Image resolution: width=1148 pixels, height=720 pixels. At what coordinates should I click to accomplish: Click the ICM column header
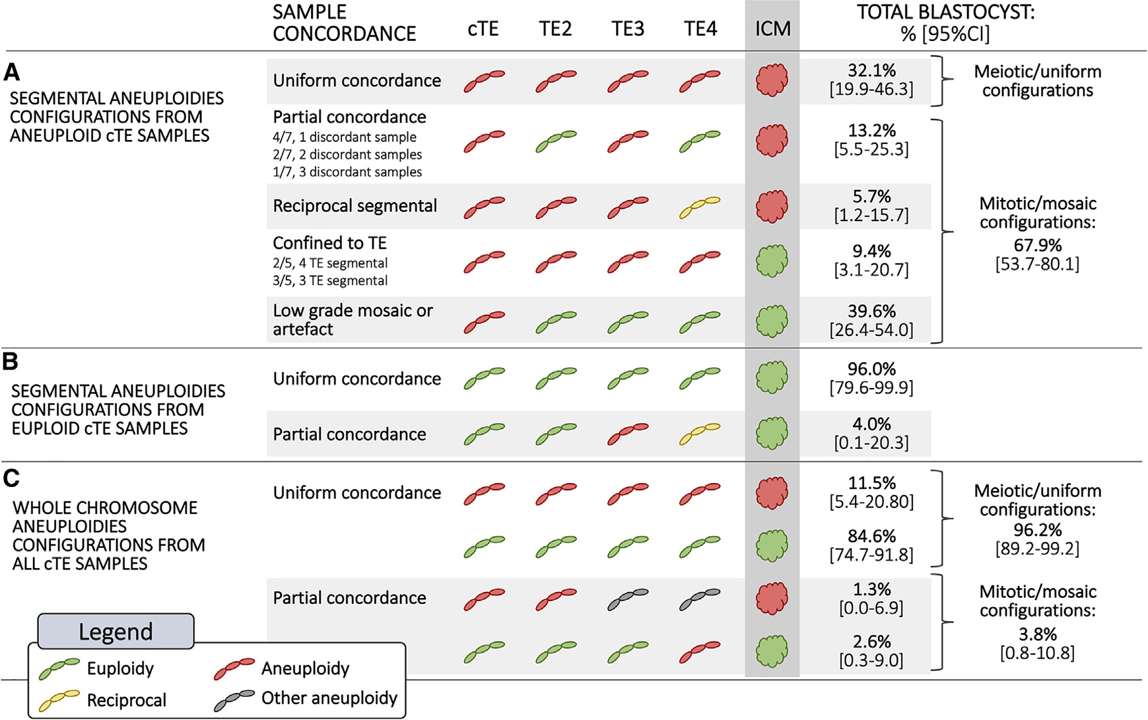(772, 29)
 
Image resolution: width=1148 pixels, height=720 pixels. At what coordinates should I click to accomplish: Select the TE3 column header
(627, 29)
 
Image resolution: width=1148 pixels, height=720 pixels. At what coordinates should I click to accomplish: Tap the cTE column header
(483, 29)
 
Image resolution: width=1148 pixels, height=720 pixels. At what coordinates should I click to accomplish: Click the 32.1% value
(871, 71)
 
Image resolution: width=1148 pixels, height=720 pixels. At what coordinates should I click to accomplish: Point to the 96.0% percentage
(871, 369)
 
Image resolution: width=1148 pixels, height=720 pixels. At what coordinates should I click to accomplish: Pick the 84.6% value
(871, 536)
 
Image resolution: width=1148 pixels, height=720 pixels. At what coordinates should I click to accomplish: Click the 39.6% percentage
(871, 311)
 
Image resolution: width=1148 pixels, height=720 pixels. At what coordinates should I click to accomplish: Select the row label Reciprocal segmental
(355, 206)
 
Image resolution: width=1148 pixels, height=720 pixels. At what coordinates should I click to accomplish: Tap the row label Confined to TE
(329, 243)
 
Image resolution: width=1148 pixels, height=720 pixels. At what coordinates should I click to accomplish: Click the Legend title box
(116, 632)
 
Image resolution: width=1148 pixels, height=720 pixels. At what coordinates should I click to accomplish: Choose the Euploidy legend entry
(120, 669)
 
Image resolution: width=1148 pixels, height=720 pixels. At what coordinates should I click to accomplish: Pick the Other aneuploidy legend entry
(329, 698)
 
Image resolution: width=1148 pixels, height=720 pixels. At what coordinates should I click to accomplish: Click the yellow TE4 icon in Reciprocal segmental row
(700, 206)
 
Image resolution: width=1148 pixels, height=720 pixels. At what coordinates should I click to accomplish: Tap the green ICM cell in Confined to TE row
(772, 261)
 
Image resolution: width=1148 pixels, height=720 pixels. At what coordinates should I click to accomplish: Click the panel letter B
(10, 362)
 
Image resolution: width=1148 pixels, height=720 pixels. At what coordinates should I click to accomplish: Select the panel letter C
(11, 478)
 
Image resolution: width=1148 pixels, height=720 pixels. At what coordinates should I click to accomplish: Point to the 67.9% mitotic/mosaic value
(1037, 245)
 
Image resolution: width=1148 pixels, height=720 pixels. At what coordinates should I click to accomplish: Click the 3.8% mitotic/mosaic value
(1037, 634)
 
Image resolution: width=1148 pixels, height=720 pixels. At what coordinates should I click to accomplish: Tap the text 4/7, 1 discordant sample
(345, 137)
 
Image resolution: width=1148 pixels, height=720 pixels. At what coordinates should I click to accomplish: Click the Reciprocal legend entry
(126, 700)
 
